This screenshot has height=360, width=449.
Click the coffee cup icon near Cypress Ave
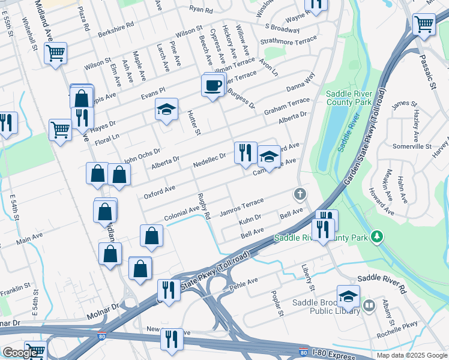pyautogui.click(x=212, y=85)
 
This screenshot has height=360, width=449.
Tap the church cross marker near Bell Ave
pyautogui.click(x=300, y=194)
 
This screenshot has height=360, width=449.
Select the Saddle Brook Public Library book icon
pyautogui.click(x=369, y=305)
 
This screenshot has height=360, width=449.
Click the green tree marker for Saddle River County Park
pyautogui.click(x=376, y=236)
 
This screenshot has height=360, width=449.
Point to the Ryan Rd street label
pyautogui.click(x=200, y=10)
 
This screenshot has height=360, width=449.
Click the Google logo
pyautogui.click(x=19, y=353)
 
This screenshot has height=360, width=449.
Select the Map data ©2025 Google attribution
pyautogui.click(x=411, y=355)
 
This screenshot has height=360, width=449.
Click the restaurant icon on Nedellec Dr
pyautogui.click(x=245, y=152)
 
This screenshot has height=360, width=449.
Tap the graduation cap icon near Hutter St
pyautogui.click(x=167, y=109)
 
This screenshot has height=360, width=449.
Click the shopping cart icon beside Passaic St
pyautogui.click(x=424, y=25)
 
